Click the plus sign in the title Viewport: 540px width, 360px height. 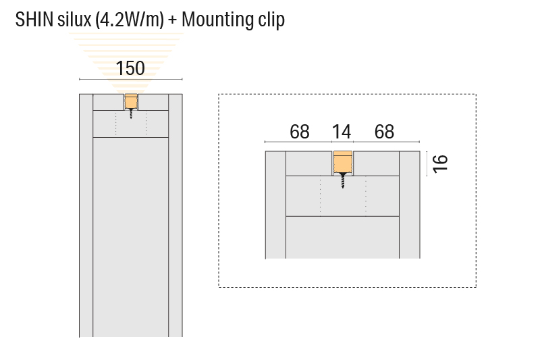pos(173,20)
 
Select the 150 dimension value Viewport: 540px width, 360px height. pos(130,68)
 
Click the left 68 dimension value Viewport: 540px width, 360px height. pos(299,131)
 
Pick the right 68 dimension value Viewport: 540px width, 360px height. pos(384,131)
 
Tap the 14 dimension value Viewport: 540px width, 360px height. pos(342,131)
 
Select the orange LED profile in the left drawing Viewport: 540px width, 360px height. pos(130,103)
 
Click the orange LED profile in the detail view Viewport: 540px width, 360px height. pos(342,163)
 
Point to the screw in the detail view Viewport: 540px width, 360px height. pos(342,181)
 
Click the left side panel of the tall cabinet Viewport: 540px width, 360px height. pos(86,216)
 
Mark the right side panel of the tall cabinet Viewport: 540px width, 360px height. pos(175,216)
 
